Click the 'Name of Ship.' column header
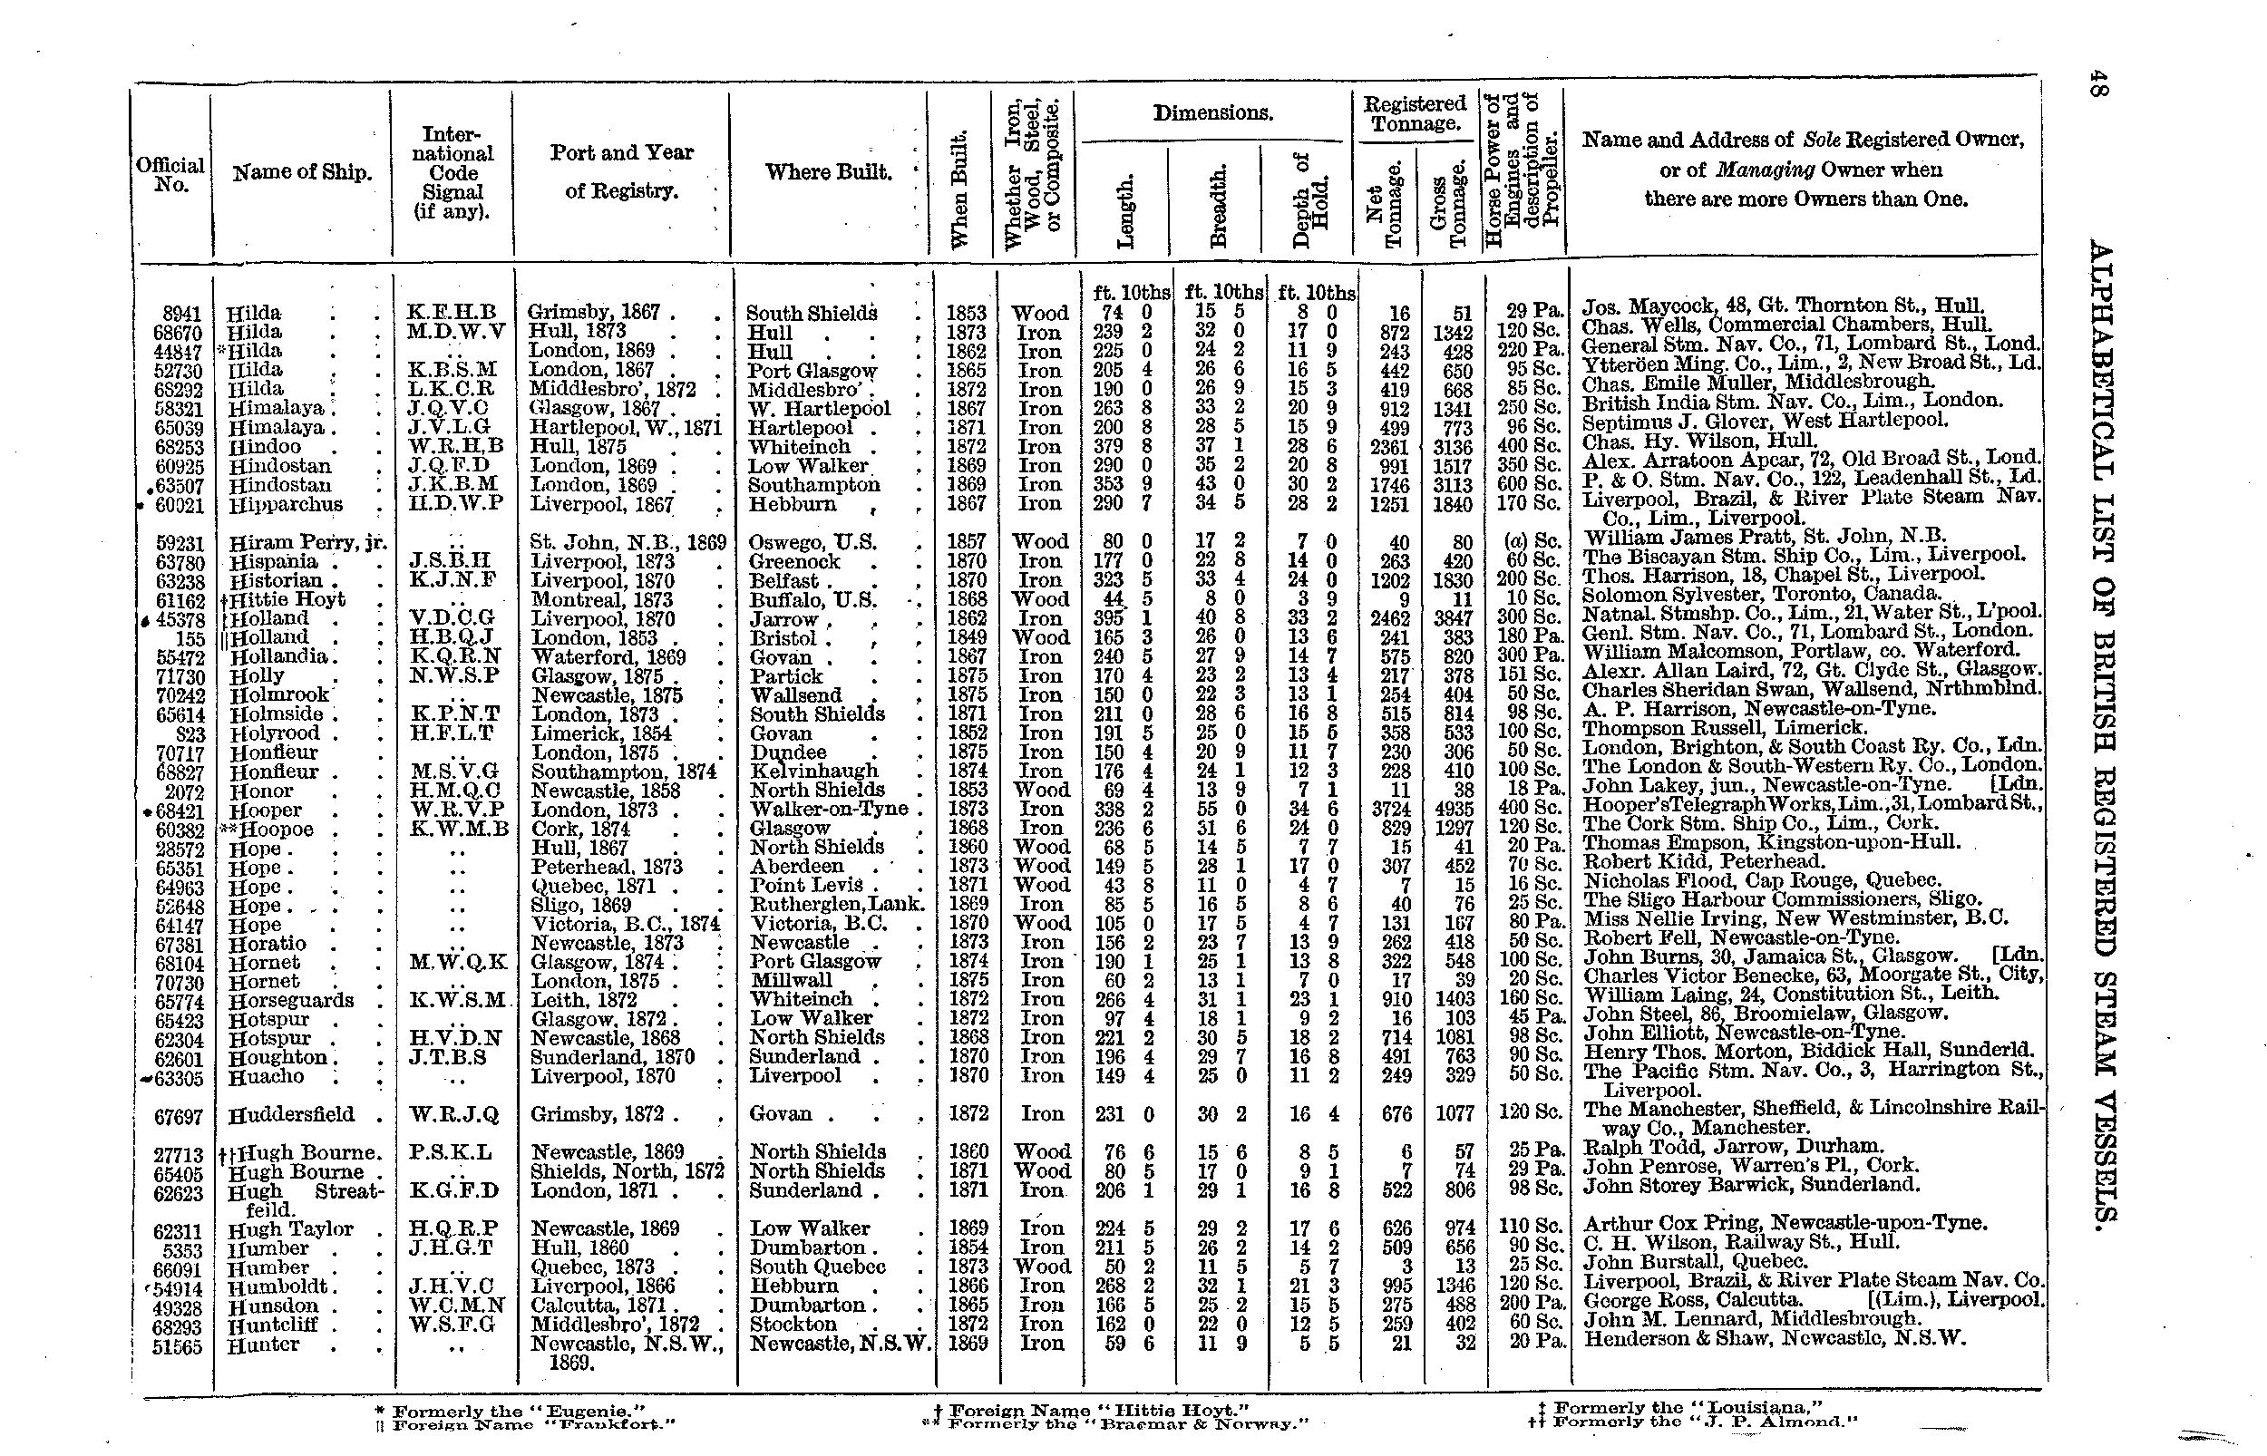[x=302, y=172]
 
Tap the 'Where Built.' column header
[x=828, y=172]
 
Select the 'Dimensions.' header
[x=1213, y=113]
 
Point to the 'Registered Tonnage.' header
[x=1415, y=113]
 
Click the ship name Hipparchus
[x=286, y=505]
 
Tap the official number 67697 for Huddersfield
[x=179, y=1117]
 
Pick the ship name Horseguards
[x=291, y=1000]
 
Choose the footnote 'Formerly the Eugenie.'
[x=518, y=1411]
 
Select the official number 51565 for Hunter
[x=178, y=1347]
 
